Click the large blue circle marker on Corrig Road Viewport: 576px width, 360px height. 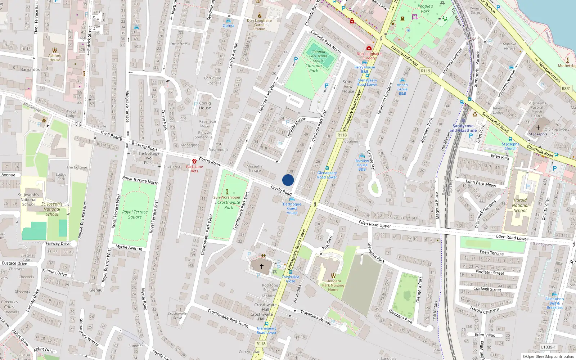(288, 180)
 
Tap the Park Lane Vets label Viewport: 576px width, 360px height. (194, 169)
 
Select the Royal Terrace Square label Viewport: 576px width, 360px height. (135, 215)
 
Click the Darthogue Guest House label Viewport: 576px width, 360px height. (292, 208)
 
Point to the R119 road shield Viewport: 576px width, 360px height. (426, 71)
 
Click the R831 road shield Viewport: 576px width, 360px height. (566, 89)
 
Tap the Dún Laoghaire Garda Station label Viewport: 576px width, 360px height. (259, 25)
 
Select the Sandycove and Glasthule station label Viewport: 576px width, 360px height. (463, 128)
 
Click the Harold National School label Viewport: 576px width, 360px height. (520, 205)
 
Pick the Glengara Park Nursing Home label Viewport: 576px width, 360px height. (333, 285)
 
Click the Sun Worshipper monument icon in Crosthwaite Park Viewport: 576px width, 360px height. (227, 192)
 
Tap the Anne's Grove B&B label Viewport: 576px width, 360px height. (402, 89)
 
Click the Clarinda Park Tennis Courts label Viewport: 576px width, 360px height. (318, 56)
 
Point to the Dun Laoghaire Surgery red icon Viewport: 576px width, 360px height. (369, 48)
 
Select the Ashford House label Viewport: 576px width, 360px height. (55, 58)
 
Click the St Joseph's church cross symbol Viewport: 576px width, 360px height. (538, 128)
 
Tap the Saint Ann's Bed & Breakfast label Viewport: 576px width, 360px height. (554, 303)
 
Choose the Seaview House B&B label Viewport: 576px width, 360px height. (362, 165)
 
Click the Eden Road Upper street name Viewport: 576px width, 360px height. (375, 224)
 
